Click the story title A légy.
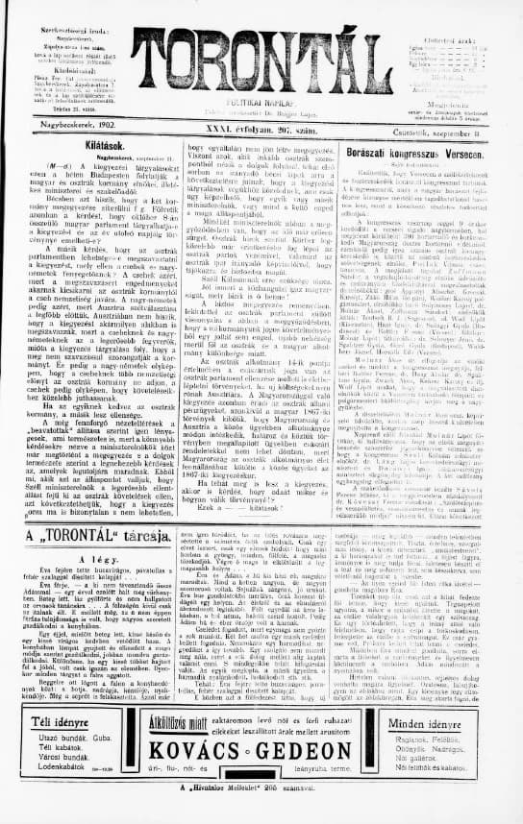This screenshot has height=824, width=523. point(96,558)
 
